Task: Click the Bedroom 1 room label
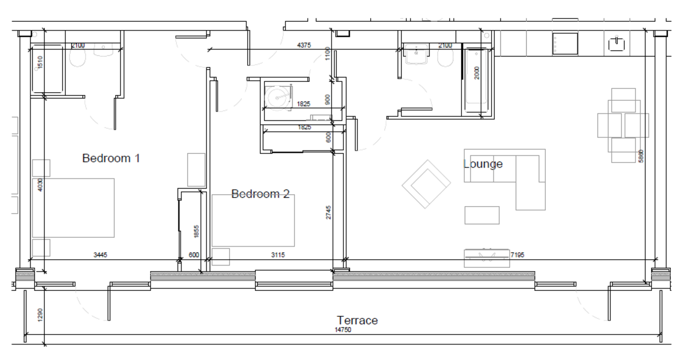coord(111,158)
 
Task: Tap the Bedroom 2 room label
coord(260,194)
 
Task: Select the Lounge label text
coord(483,164)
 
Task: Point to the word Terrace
coord(357,320)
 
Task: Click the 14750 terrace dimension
coord(343,331)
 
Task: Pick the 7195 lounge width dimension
coord(521,254)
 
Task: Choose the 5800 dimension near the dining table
coord(641,156)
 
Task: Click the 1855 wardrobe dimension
coord(196,232)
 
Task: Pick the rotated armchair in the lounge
coord(426,184)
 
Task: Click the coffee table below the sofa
coord(482,215)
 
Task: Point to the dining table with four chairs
coord(623,124)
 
